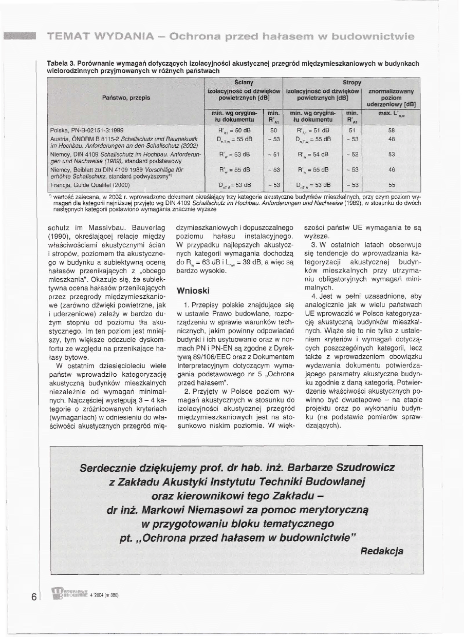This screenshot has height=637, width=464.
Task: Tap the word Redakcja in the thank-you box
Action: pyautogui.click(x=381, y=551)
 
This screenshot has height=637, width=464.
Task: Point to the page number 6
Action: pyautogui.click(x=34, y=596)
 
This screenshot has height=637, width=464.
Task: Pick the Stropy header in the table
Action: pyautogui.click(x=352, y=82)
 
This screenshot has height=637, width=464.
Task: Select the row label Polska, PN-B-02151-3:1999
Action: pyautogui.click(x=86, y=130)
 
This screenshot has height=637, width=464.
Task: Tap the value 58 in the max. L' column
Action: pyautogui.click(x=392, y=130)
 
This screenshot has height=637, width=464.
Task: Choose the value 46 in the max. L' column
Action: pyautogui.click(x=392, y=169)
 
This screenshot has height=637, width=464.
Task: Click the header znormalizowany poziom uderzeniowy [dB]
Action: pyautogui.click(x=392, y=98)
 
